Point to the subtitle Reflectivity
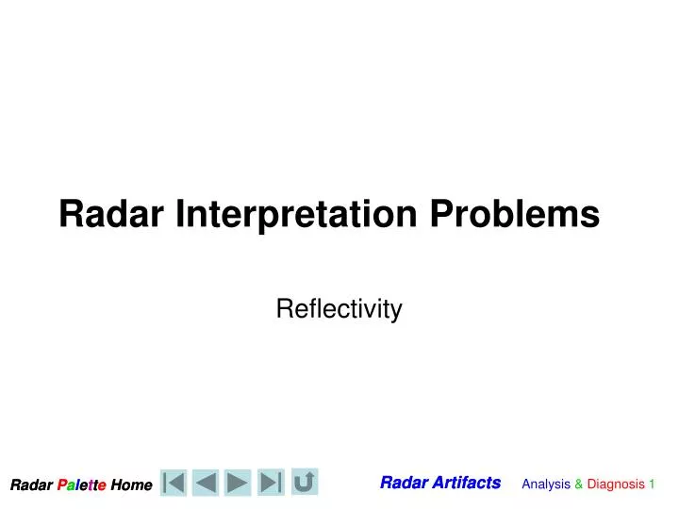339,309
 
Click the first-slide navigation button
174,483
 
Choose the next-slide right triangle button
239,483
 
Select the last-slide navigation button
272,483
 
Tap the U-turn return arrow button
305,482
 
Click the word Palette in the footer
81,485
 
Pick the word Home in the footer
131,485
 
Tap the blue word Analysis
546,484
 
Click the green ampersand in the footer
579,484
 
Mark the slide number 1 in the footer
652,484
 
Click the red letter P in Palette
61,485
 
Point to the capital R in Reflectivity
282,309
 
